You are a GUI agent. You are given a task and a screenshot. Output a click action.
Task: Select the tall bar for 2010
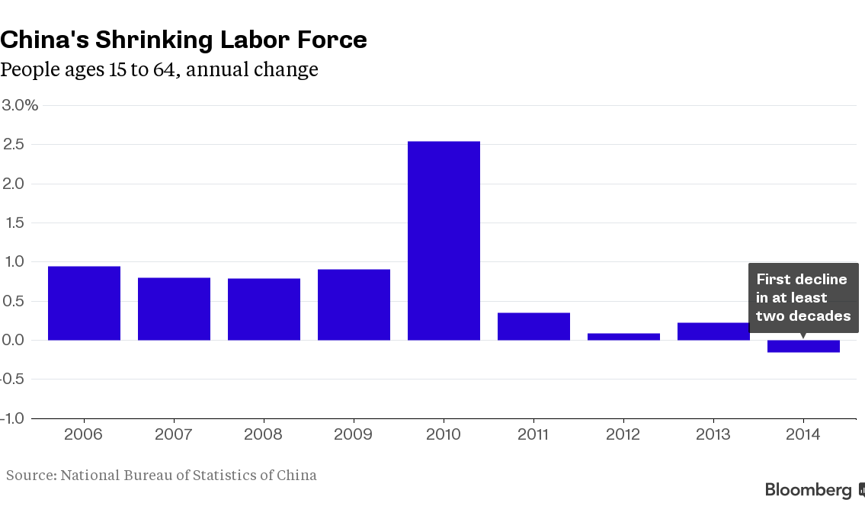tap(444, 241)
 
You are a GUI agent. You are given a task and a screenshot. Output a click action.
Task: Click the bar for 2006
tap(84, 303)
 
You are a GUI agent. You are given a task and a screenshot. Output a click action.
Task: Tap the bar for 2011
tap(533, 326)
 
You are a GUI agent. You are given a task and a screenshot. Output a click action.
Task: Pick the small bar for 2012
tap(623, 337)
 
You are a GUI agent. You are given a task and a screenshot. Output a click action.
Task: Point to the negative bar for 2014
tap(803, 346)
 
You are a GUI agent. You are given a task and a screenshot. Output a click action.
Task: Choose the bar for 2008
tap(264, 309)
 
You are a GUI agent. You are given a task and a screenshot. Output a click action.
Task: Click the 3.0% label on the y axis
tap(20, 105)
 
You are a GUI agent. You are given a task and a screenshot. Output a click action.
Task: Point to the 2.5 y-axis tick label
tap(13, 145)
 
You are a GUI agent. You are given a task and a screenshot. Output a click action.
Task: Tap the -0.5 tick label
tap(12, 379)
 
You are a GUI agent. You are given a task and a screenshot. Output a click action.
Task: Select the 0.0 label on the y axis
tap(13, 340)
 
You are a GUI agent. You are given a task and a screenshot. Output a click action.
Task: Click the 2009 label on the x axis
tap(353, 434)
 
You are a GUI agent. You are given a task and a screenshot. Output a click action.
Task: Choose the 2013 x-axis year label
tap(713, 434)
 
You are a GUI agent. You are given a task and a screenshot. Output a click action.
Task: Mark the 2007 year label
tap(173, 434)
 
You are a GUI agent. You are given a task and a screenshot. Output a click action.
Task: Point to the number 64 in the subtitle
tap(165, 69)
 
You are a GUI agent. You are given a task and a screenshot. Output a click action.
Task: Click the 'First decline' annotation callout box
tap(803, 298)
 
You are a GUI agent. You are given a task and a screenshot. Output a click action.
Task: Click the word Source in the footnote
tap(31, 475)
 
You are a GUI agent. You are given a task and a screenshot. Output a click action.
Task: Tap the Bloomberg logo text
tap(809, 490)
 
